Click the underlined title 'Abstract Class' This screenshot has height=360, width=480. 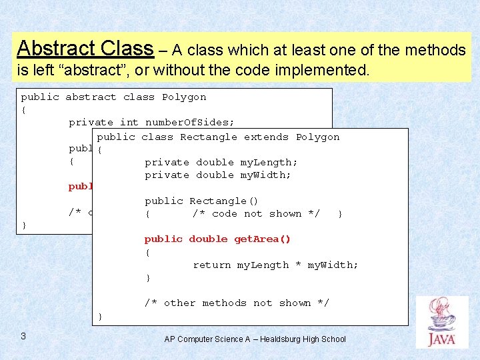coord(85,48)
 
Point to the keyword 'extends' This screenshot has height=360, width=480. coord(266,137)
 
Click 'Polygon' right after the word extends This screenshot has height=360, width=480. coord(317,137)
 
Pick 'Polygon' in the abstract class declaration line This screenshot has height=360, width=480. coord(184,97)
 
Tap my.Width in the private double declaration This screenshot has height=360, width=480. coord(265,175)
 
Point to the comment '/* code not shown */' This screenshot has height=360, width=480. coord(256,213)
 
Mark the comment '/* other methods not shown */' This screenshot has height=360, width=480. coord(237,303)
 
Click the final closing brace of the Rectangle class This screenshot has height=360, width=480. coord(100,315)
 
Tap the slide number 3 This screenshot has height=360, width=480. coord(23,336)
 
